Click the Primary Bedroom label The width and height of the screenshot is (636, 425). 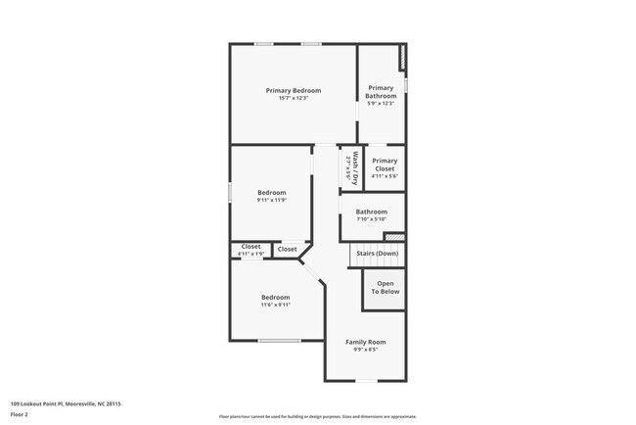pos(294,90)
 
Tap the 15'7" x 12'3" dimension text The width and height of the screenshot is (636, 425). pos(294,98)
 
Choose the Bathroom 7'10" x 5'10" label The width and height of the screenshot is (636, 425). pos(372,212)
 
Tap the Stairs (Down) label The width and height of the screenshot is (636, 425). pos(377,254)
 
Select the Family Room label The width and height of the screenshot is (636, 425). pos(365,342)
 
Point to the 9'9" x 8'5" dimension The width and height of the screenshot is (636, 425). pos(365,349)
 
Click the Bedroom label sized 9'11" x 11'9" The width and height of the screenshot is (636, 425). pos(272,192)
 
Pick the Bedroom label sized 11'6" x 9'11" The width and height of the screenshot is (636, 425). pos(275,297)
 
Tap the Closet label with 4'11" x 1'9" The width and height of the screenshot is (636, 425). pos(250,247)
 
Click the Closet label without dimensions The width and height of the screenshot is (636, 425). pos(287,249)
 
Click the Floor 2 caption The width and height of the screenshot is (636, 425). pos(20,414)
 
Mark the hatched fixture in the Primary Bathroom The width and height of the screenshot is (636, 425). pos(400,59)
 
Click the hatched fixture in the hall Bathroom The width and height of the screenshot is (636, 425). pos(393,237)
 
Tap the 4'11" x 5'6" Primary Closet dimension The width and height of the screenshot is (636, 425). pos(385,176)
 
